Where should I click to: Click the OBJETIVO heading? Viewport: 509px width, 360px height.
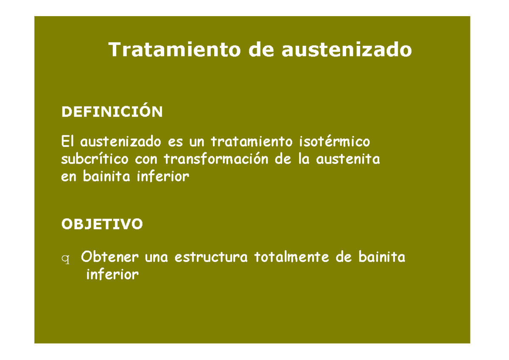[102, 224]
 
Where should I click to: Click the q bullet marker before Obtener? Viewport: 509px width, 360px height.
[65, 259]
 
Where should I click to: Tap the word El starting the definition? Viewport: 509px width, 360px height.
[67, 141]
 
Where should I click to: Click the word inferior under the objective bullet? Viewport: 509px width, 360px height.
[112, 275]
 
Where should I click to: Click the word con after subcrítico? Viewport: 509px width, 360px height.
[147, 160]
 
